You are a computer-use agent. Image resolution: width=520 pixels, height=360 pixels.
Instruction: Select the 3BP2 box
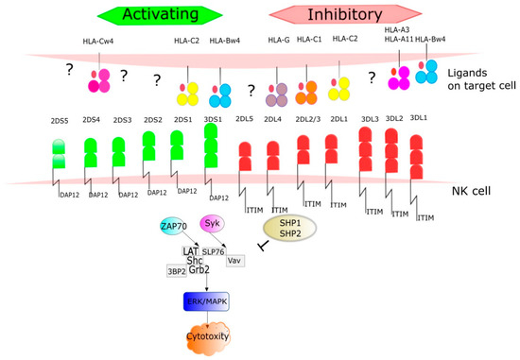coord(177,268)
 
